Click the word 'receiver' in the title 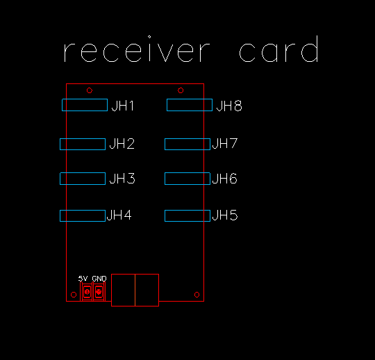pyautogui.click(x=137, y=49)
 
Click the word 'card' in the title pyautogui.click(x=279, y=49)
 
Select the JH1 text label pyautogui.click(x=123, y=106)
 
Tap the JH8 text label pyautogui.click(x=229, y=106)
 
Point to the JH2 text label pyautogui.click(x=122, y=144)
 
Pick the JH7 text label pyautogui.click(x=225, y=144)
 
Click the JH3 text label pyautogui.click(x=122, y=179)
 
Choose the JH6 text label pyautogui.click(x=225, y=179)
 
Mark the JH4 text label pyautogui.click(x=119, y=215)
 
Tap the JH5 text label pyautogui.click(x=225, y=215)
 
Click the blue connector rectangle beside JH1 pyautogui.click(x=85, y=99)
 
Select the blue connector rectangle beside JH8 pyautogui.click(x=190, y=99)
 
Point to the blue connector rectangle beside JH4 pyautogui.click(x=83, y=210)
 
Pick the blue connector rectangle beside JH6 pyautogui.click(x=187, y=172)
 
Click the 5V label pyautogui.click(x=83, y=279)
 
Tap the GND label pyautogui.click(x=99, y=279)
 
